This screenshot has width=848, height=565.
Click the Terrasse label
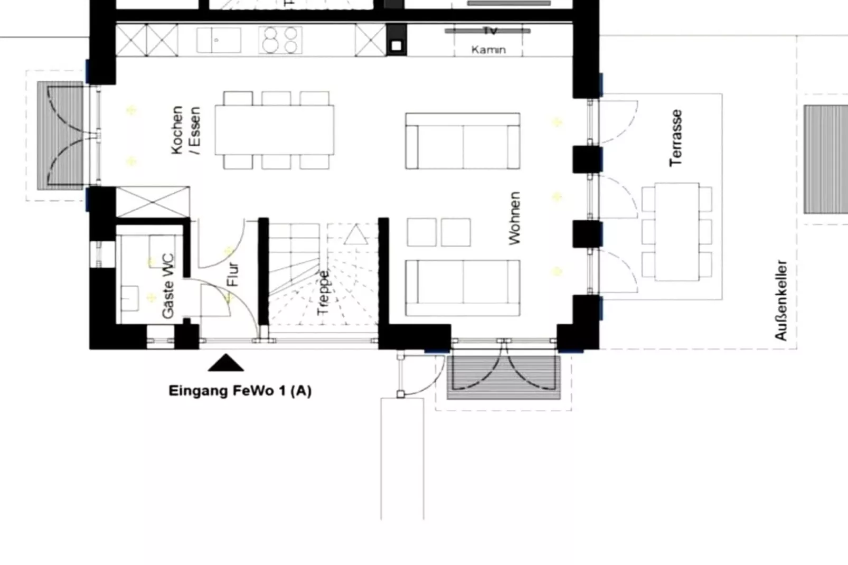tap(676, 138)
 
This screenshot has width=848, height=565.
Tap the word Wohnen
tap(514, 218)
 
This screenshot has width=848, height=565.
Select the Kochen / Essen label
tap(185, 130)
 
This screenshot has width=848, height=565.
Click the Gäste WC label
tap(168, 286)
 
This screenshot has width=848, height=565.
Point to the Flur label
tap(233, 274)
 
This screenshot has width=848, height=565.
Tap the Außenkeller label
tap(781, 300)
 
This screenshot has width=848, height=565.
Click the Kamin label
tap(488, 50)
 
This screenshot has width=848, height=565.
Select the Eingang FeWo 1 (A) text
tap(240, 391)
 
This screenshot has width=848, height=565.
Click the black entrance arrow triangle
tap(226, 363)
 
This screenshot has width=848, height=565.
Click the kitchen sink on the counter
tap(219, 40)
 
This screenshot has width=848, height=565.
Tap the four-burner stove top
tap(280, 40)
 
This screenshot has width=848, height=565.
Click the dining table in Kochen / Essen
tap(274, 130)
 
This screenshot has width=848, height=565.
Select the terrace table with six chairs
tap(677, 231)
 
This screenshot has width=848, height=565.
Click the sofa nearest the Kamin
tap(463, 141)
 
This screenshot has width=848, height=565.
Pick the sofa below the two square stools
tap(463, 288)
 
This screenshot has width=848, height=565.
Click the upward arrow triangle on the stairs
tap(356, 234)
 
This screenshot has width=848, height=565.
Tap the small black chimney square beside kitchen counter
tap(396, 46)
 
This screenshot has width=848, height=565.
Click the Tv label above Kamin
tap(489, 31)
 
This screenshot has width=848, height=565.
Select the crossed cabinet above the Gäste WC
tap(153, 202)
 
